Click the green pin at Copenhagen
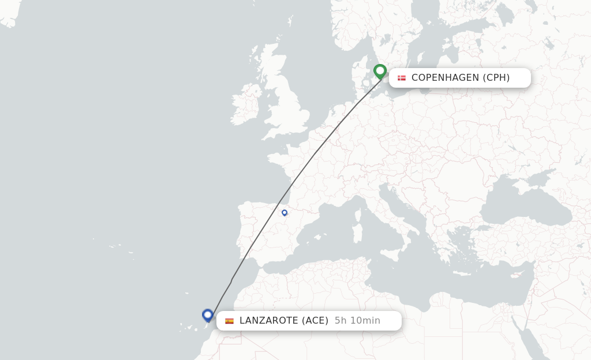pyautogui.click(x=380, y=71)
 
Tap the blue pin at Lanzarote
pyautogui.click(x=208, y=315)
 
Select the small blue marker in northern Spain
pyautogui.click(x=285, y=213)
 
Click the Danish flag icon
pyautogui.click(x=402, y=78)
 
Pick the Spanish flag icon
pyautogui.click(x=229, y=321)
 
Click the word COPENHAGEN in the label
pyautogui.click(x=445, y=78)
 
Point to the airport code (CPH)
pyautogui.click(x=496, y=78)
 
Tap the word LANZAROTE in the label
pyautogui.click(x=268, y=321)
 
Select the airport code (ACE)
pyautogui.click(x=315, y=321)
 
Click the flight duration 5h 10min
pyautogui.click(x=357, y=321)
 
